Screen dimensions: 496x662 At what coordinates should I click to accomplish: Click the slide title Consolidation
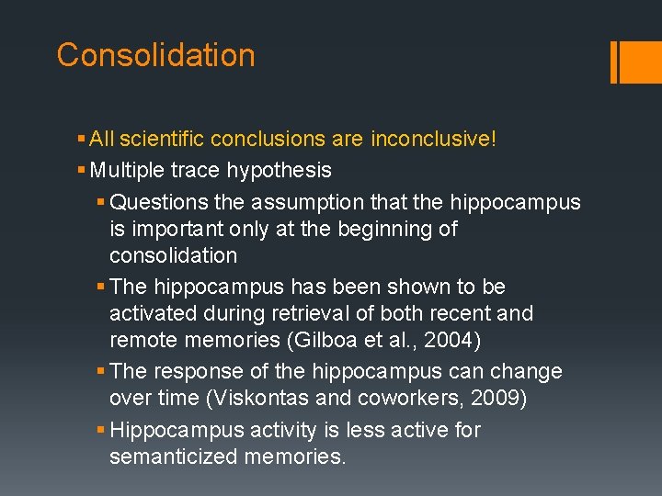coord(155,55)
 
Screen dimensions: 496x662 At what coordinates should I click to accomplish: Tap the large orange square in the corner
coord(633,62)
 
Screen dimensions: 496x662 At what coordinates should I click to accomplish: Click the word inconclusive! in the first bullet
coord(433,139)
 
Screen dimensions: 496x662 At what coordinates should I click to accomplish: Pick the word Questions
coord(159,202)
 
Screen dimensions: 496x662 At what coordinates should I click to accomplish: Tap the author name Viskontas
coord(232,399)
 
